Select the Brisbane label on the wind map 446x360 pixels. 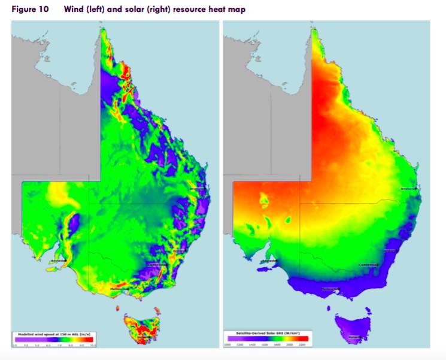point(196,190)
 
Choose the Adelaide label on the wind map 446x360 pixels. point(58,262)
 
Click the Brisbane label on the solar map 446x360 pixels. point(408,190)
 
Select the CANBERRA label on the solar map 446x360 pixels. point(369,264)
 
